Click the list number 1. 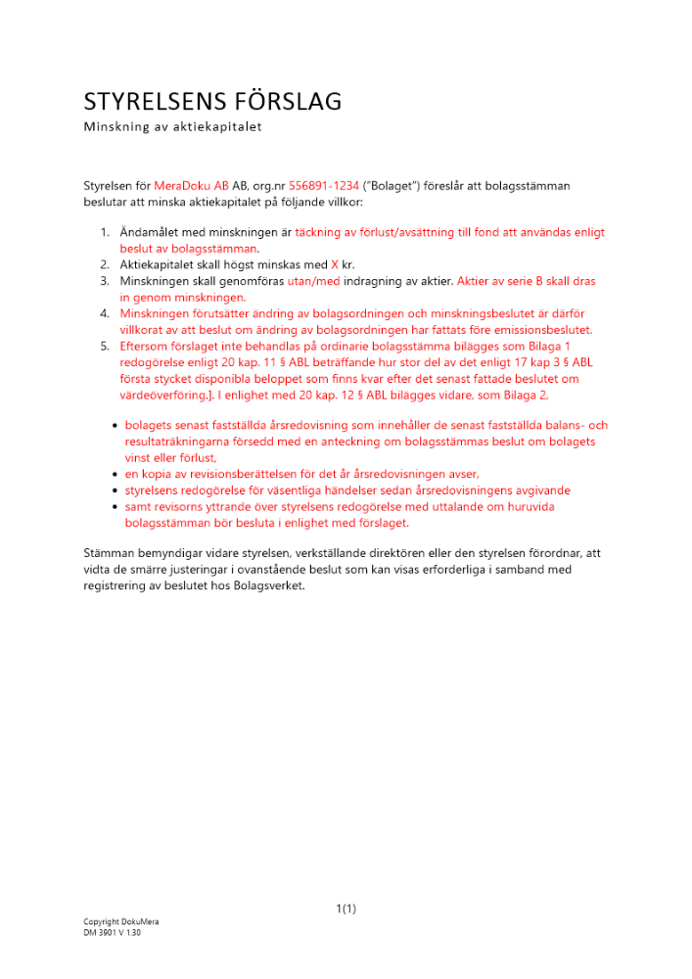[105, 232]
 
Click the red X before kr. [334, 264]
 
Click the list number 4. [105, 313]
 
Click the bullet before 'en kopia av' [115, 473]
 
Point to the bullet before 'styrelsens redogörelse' [115, 489]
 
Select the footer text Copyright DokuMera [120, 922]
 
